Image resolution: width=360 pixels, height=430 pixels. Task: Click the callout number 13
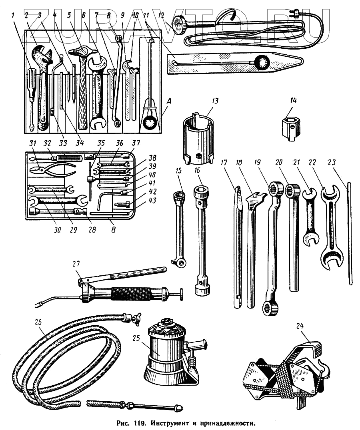(215, 100)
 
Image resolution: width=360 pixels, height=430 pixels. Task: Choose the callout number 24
(300, 326)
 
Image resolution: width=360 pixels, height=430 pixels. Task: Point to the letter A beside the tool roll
(168, 102)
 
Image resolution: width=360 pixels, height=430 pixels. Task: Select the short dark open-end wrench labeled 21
(311, 216)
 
